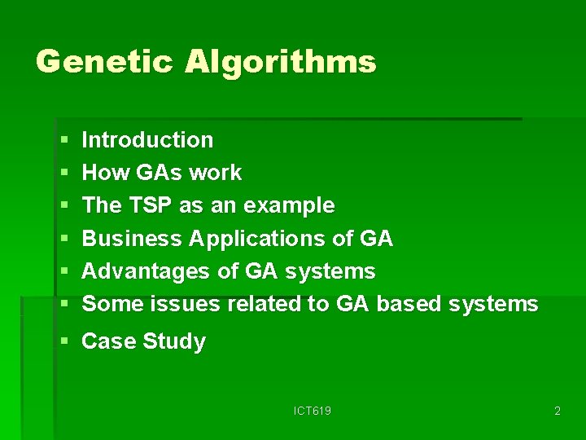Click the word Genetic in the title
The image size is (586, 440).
click(104, 63)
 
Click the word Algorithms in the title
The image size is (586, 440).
click(280, 63)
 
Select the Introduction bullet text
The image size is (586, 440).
click(147, 140)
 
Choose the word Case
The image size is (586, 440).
click(109, 341)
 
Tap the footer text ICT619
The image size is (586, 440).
click(313, 411)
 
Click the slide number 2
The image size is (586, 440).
click(557, 411)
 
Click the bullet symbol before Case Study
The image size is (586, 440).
click(65, 342)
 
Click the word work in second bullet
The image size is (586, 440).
click(215, 173)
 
